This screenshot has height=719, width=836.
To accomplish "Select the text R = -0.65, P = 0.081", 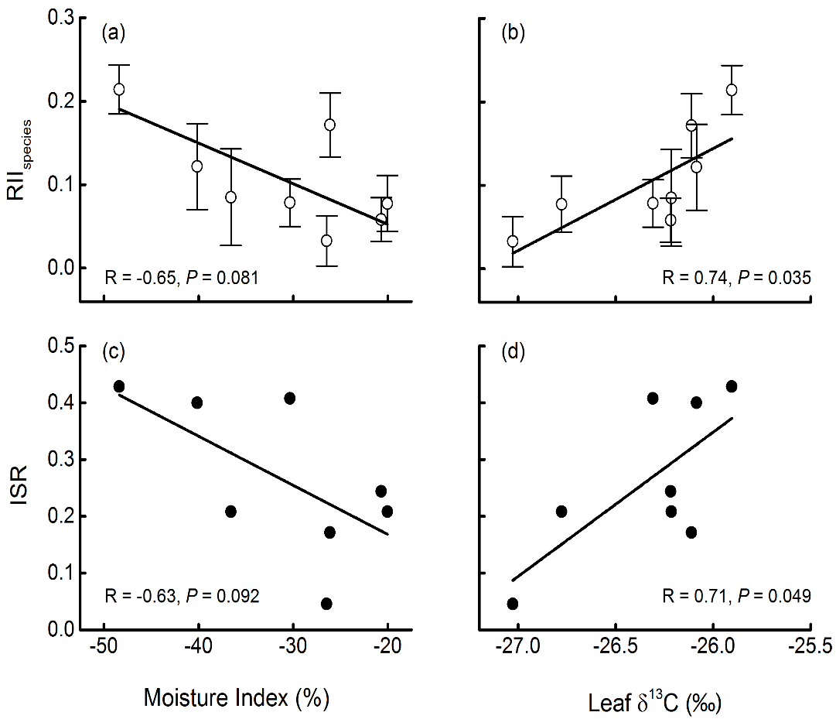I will point(181,277).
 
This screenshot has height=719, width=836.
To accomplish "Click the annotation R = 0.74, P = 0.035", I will point(736,277).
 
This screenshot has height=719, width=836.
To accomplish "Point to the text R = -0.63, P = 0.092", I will point(181,597).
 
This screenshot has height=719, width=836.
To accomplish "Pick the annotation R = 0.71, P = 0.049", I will point(736,597).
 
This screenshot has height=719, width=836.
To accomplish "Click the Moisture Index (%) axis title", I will point(237,697).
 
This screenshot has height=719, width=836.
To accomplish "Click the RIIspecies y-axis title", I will point(24,159).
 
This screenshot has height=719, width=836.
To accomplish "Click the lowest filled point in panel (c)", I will point(326,604).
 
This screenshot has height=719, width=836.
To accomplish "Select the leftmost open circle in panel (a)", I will point(119,89).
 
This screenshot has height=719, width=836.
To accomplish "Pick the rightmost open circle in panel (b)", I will point(732,90).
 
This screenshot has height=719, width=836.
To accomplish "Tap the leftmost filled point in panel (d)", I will point(512,604).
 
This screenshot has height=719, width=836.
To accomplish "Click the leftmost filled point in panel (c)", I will point(119,386).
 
